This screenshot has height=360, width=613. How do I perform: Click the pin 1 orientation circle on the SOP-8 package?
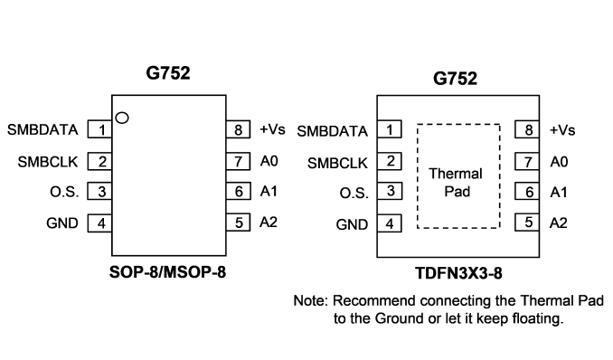pos(122,118)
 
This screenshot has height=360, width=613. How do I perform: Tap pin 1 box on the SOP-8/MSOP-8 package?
pos(99,129)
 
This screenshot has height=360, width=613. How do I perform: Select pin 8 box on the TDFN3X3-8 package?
pos(527,129)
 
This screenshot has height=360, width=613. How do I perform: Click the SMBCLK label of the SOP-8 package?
pos(48,162)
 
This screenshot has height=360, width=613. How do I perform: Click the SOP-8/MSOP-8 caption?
pos(167,272)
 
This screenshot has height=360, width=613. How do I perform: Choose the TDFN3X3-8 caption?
pos(458,273)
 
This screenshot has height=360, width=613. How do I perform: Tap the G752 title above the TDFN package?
pos(455,79)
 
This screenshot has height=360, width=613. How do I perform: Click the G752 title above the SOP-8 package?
pos(168,72)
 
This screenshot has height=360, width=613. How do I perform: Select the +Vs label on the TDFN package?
pos(562,130)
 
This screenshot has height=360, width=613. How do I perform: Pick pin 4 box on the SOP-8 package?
pos(99,223)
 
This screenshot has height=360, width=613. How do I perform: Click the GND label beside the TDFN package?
pos(352,224)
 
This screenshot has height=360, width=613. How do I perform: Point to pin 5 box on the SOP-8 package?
pos(238,223)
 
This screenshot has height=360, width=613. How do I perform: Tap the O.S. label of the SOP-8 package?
pos(64,192)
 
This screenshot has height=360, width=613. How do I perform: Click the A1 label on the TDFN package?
pos(559,192)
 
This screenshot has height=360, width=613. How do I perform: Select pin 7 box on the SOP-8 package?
pos(238,161)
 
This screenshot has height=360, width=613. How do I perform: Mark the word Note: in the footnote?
pos(311,300)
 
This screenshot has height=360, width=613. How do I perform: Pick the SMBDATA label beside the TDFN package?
pos(333,131)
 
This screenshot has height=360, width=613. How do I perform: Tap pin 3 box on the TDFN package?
pos(390,192)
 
